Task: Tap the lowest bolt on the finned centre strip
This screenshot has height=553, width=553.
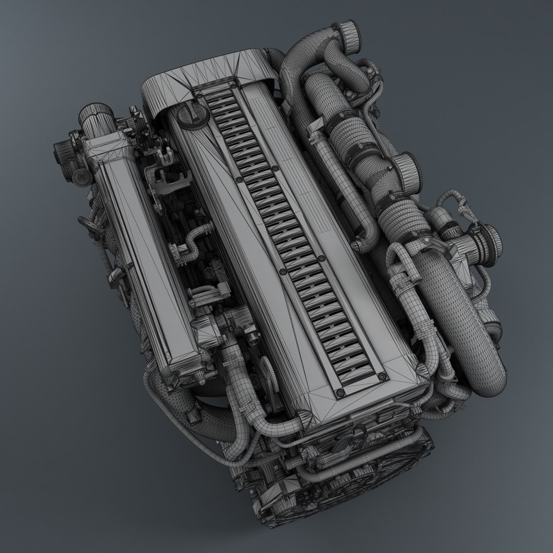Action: point(339,392)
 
